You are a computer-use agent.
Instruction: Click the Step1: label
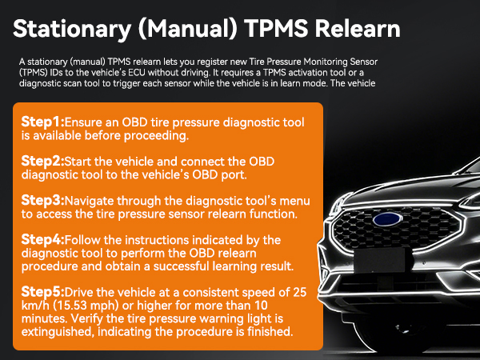coord(42,122)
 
